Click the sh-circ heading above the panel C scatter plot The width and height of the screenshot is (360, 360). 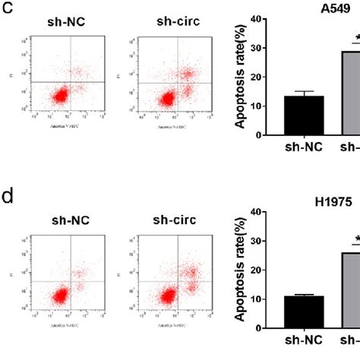tap(152, 22)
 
